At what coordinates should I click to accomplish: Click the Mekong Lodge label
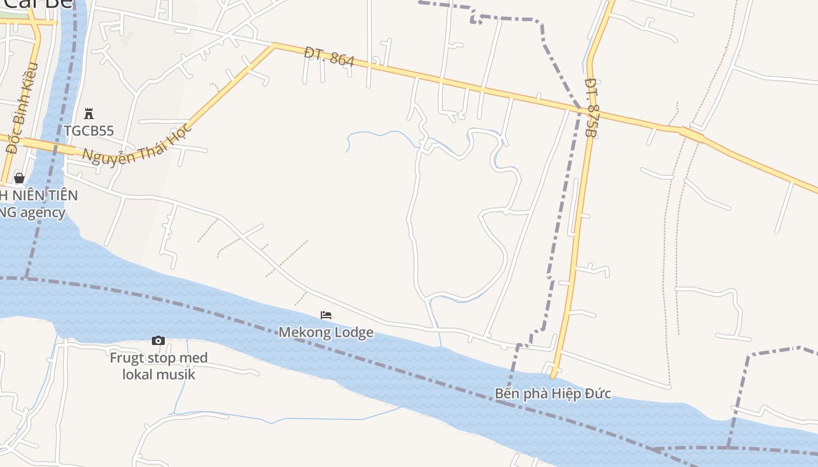click(325, 333)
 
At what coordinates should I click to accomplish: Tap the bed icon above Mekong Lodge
click(326, 315)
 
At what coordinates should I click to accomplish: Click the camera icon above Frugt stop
click(158, 340)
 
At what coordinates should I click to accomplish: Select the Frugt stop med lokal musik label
click(158, 366)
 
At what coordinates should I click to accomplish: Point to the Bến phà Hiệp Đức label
click(553, 393)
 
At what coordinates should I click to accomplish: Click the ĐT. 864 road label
click(330, 57)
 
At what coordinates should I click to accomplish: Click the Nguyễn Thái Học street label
click(138, 143)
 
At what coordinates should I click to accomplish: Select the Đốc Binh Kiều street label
click(22, 108)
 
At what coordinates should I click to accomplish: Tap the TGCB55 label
click(89, 131)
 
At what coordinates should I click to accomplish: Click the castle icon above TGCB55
click(89, 113)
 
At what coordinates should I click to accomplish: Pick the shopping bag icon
click(19, 178)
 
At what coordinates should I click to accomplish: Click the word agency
click(43, 212)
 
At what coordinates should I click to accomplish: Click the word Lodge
click(353, 333)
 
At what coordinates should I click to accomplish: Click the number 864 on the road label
click(342, 59)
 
